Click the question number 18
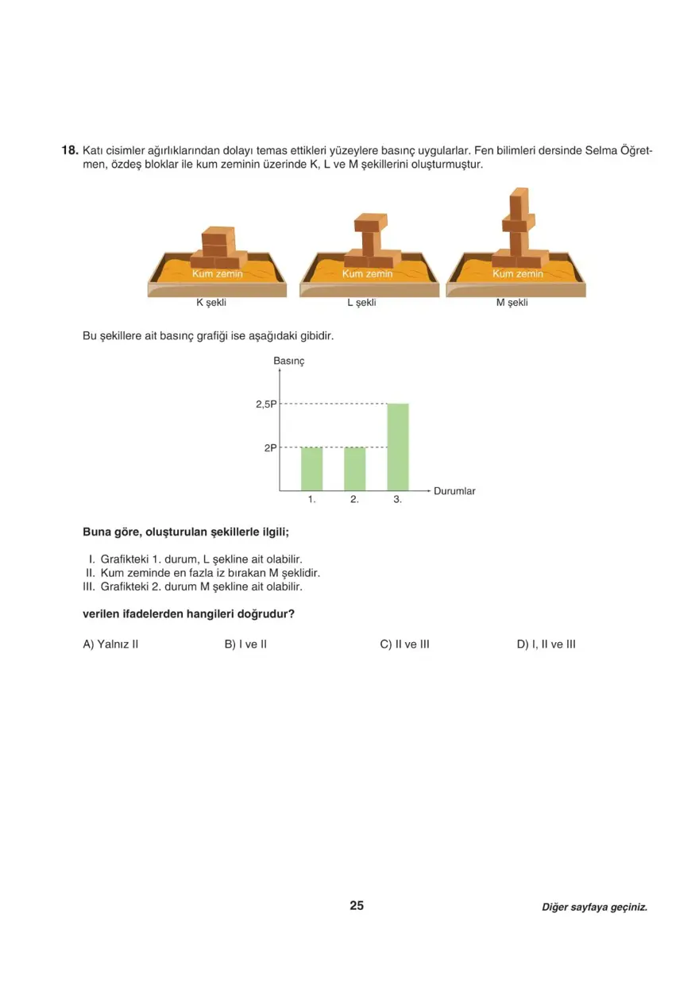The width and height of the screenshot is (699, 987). coord(69,150)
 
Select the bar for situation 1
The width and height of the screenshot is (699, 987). coord(311,469)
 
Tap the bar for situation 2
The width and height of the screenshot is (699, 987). coord(354,469)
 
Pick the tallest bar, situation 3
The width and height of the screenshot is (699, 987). coord(397,447)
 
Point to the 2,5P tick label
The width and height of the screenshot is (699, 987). coord(266,404)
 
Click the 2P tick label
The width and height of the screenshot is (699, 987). coord(270,448)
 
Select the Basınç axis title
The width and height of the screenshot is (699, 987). coord(289,361)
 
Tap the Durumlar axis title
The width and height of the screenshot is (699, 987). coord(454,491)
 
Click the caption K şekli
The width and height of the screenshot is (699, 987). coord(217,303)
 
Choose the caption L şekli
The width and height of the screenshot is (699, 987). coord(361,303)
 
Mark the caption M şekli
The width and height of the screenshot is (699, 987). coord(512,303)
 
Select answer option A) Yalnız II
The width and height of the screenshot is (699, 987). coord(110,644)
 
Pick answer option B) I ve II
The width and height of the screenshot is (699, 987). coord(245,644)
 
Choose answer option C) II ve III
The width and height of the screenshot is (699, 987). coord(404,644)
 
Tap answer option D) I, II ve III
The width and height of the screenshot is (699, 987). coord(546,644)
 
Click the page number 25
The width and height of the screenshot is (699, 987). coord(357,906)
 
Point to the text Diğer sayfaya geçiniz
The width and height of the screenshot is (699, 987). coord(594,907)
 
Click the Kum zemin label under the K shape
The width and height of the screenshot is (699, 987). coord(217,273)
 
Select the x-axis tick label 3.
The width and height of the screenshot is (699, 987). coord(397,501)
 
